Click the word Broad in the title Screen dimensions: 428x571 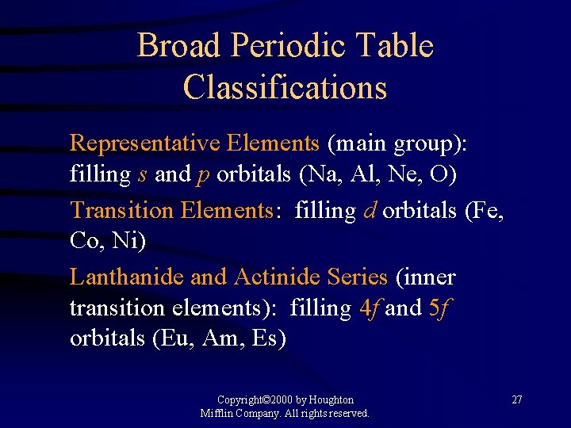pos(178,46)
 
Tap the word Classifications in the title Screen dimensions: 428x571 pos(285,87)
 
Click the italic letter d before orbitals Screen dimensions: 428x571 pos(370,211)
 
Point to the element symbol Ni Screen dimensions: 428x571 pos(128,242)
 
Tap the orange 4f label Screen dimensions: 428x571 pos(369,308)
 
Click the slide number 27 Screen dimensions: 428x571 pos(516,399)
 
